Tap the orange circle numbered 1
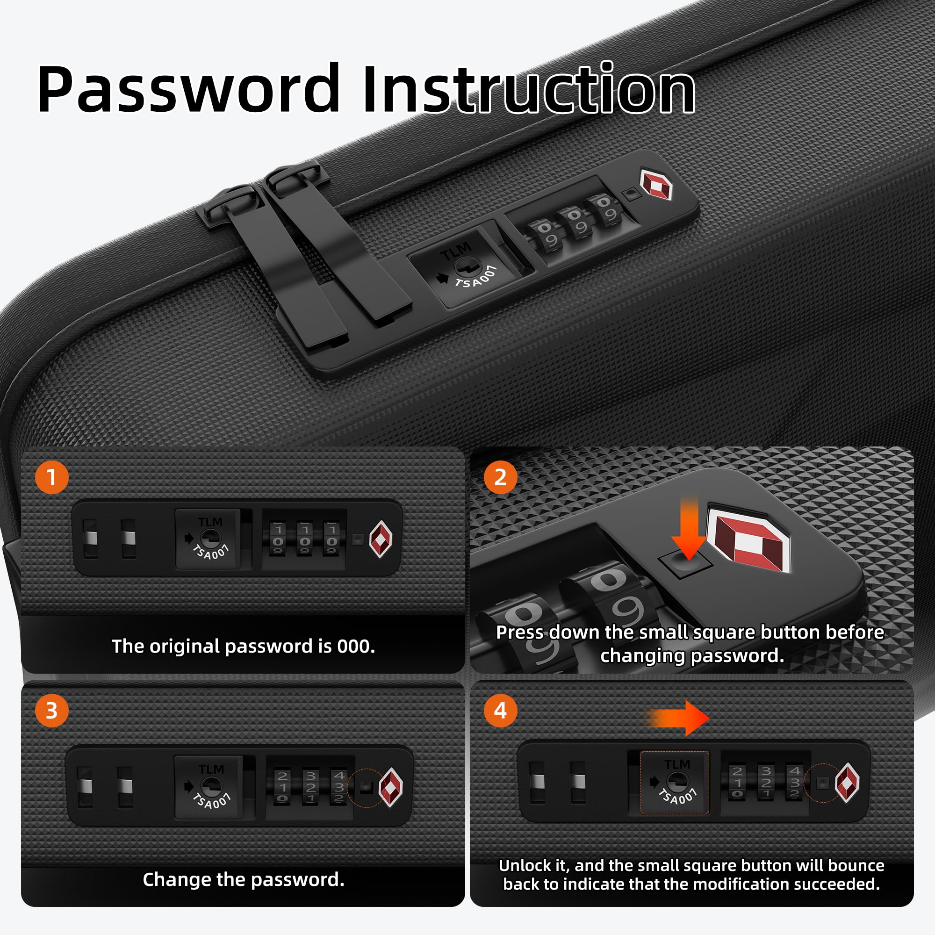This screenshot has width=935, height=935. (52, 477)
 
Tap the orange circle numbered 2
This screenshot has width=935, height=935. (500, 477)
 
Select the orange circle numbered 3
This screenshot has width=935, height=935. (52, 711)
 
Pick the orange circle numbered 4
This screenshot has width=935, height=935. (500, 711)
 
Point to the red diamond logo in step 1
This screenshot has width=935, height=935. (381, 539)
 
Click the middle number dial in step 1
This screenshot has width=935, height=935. (304, 539)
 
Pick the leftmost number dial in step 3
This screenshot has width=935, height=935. (283, 787)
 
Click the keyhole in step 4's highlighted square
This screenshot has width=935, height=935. (676, 781)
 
